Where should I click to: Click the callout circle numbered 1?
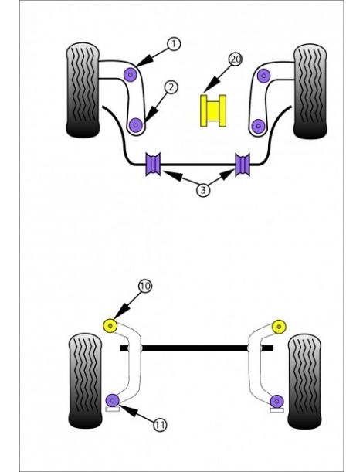(x=174, y=44)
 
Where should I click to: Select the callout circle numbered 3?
(x=202, y=189)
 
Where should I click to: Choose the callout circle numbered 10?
(x=145, y=287)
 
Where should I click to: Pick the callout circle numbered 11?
(x=159, y=424)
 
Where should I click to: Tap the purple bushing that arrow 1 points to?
(x=131, y=75)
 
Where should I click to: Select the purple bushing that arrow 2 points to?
(x=137, y=123)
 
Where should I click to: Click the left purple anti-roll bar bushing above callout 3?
(x=153, y=164)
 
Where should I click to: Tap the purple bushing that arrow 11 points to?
(x=113, y=399)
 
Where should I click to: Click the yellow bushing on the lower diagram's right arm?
(x=279, y=324)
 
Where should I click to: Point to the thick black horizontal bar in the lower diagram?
(x=197, y=348)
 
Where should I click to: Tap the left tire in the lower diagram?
(x=85, y=379)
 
